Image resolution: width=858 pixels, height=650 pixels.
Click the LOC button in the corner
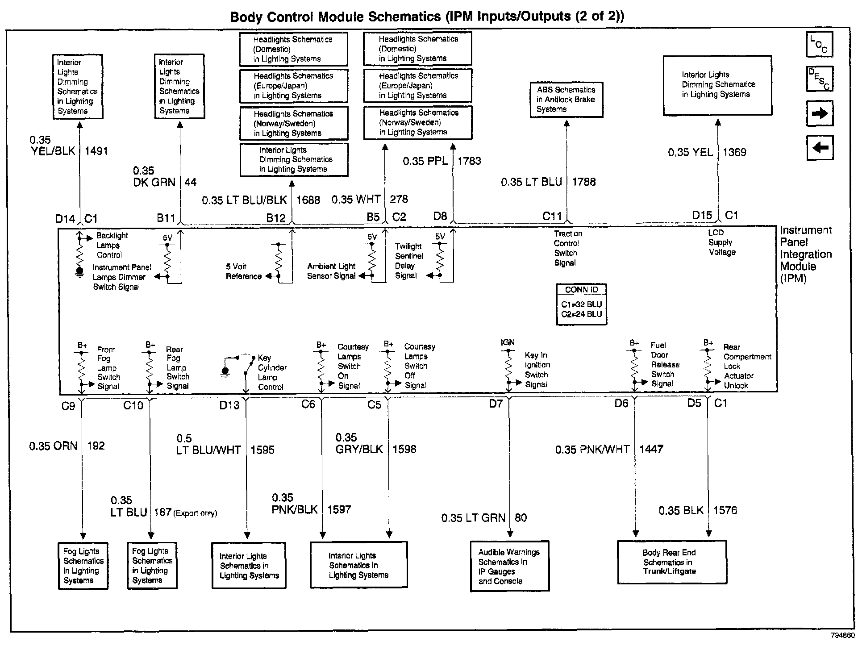click(819, 45)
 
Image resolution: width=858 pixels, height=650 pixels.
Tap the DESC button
click(819, 79)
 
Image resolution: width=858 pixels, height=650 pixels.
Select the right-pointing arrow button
click(820, 113)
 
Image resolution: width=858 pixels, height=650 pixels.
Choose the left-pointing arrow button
click(820, 147)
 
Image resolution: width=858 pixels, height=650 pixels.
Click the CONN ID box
click(581, 304)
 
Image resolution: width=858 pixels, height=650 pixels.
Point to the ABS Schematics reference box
click(566, 100)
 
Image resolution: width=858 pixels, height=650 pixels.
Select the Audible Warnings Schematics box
click(509, 567)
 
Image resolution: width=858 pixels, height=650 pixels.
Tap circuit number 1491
click(96, 151)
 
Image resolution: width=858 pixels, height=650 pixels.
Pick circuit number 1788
click(584, 182)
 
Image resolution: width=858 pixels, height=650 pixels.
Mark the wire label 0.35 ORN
click(53, 446)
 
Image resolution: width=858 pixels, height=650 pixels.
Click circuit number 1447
click(651, 449)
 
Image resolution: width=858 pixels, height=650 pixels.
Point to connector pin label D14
click(65, 219)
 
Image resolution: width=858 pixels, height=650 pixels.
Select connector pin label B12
click(276, 218)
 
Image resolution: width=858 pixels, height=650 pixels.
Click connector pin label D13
click(229, 405)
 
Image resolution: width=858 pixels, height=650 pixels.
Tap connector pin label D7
click(496, 404)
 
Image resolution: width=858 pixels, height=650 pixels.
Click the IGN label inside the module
click(508, 342)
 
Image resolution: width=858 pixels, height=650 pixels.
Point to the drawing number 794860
click(842, 635)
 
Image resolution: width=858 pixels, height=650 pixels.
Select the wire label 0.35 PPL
click(425, 161)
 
